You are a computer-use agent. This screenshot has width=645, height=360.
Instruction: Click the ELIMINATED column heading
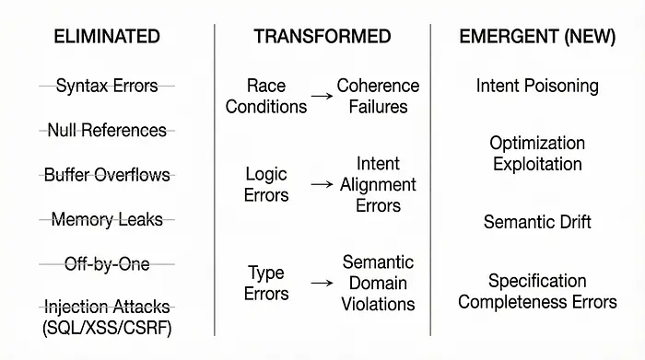point(107,37)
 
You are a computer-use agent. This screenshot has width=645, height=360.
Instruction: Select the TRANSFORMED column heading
point(322,37)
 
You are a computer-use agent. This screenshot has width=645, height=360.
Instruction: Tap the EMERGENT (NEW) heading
point(537,37)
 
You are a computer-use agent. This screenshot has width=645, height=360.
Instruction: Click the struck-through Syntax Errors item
point(107,86)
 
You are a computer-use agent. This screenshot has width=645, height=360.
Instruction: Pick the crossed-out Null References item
point(107,130)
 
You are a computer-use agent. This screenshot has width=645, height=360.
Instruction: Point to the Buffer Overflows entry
point(107,174)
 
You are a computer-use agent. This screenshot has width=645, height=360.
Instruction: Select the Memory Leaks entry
point(107,219)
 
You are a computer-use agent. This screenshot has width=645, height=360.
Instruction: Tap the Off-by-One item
point(107,263)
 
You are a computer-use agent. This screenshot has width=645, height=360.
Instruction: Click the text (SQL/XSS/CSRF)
point(107,327)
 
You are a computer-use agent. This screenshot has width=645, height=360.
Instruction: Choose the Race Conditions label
point(265,96)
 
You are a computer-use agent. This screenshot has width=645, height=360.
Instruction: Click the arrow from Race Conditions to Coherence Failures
point(322,96)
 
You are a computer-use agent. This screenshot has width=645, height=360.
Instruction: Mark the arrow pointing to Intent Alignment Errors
point(322,184)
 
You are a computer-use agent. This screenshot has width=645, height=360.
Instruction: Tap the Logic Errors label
point(267,184)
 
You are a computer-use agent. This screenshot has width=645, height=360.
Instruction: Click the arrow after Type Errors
point(322,283)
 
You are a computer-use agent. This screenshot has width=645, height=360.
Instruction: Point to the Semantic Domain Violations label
point(378,283)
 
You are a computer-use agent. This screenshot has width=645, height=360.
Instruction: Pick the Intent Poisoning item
point(537,86)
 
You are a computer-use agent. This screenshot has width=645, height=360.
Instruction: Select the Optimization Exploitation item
point(537,154)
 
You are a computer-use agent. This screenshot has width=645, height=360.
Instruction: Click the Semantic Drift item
point(537,222)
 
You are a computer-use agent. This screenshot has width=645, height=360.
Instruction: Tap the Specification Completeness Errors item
point(537,291)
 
